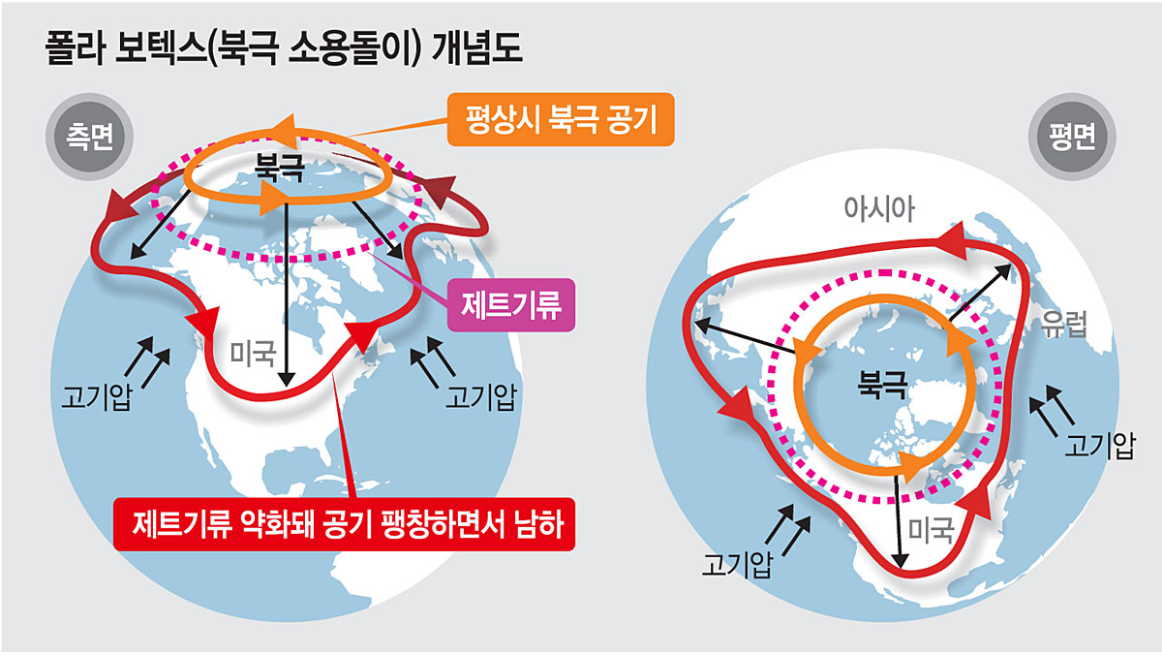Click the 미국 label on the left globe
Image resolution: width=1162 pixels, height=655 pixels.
(x=253, y=351)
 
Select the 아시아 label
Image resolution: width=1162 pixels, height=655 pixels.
(x=880, y=207)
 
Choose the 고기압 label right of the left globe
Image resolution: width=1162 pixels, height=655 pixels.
(x=478, y=396)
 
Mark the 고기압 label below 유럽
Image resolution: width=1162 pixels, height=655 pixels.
(x=1098, y=447)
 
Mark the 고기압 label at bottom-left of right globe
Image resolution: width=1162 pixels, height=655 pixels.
(x=738, y=563)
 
